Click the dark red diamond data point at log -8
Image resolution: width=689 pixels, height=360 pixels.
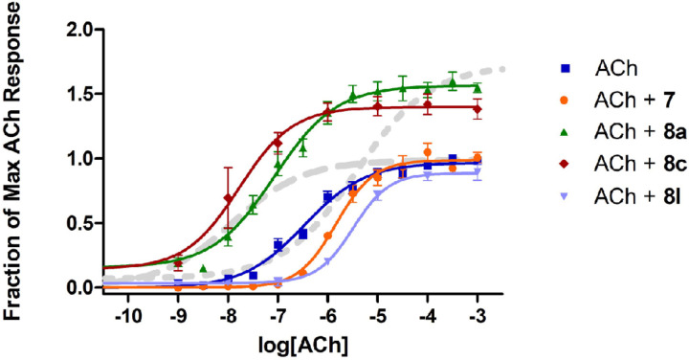coord(228,198)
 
